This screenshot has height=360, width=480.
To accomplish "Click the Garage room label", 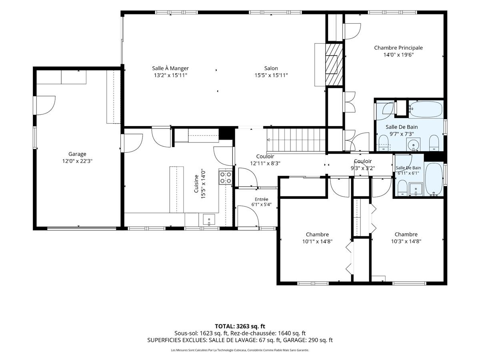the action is (77, 154).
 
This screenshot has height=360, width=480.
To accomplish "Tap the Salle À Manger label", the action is (170, 68).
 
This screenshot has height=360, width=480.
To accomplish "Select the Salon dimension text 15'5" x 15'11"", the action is (271, 76).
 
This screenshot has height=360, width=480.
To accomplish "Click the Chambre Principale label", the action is (398, 48).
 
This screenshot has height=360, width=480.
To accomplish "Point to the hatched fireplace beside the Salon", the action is (334, 65).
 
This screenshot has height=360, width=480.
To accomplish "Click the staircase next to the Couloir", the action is (296, 140).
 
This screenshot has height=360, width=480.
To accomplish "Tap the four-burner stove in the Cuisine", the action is (226, 178).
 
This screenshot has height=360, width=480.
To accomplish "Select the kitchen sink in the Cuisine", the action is (209, 220).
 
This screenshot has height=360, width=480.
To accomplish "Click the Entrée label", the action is (261, 199).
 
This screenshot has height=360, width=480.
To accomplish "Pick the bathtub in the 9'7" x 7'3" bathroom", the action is (426, 109).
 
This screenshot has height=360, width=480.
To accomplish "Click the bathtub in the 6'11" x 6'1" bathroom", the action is (434, 179).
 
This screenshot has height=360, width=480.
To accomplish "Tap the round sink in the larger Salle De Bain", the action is (413, 144).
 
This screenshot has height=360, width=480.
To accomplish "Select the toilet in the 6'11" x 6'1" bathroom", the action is (402, 188).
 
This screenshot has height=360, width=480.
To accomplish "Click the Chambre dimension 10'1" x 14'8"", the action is (317, 242).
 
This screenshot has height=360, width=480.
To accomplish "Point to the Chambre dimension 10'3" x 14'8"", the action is (406, 241).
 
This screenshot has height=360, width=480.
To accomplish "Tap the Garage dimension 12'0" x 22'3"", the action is (77, 161).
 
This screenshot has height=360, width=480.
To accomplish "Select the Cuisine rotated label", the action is (196, 184).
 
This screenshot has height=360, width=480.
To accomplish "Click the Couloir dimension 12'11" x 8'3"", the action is (265, 164).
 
